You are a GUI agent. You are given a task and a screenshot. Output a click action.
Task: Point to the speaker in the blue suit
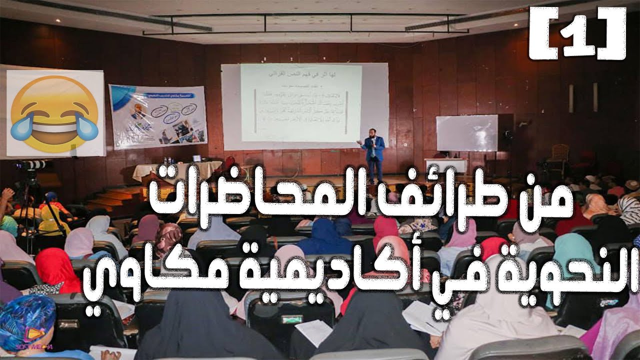tap(373, 153)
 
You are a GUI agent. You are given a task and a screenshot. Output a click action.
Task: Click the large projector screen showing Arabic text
tap(301, 102)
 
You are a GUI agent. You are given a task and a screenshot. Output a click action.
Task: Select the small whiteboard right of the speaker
tap(467, 132)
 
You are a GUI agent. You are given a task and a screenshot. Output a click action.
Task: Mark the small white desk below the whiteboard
tap(445, 165)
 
